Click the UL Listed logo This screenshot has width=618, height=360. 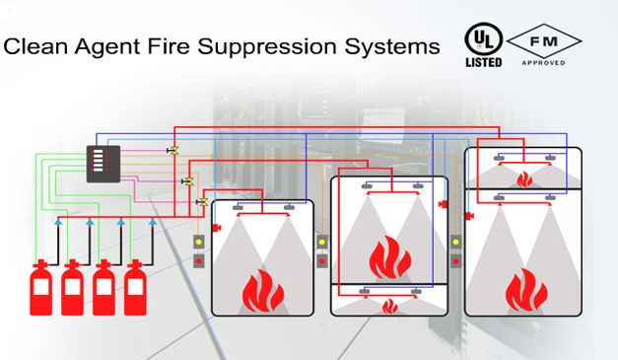coord(484,45)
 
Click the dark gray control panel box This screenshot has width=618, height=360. coord(103,164)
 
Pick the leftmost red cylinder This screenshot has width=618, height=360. coord(41,287)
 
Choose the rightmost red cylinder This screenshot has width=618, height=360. coord(135,287)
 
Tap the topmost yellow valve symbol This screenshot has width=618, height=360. coord(172,150)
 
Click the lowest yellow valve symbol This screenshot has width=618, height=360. coord(202,202)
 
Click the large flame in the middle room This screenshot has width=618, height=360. coord(390,257)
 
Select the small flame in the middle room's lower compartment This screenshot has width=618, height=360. coord(390,307)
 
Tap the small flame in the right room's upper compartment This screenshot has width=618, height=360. coord(524,180)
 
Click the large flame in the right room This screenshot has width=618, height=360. coord(526,290)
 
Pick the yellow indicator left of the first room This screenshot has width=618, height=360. coord(199,242)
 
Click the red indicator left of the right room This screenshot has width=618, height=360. coord(456,261)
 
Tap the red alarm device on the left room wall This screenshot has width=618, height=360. coord(217,228)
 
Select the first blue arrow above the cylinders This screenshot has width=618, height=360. coord(58,222)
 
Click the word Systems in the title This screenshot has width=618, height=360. coord(392,47)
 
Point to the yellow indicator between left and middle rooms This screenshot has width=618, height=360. coord(322,242)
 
